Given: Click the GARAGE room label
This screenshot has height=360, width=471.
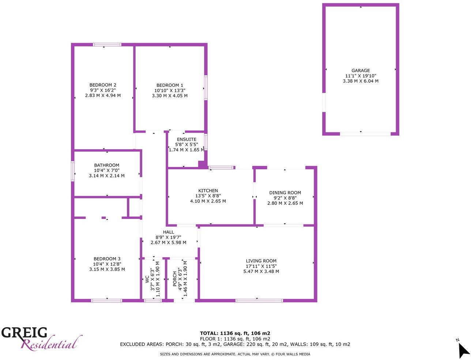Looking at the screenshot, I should tap(361, 71).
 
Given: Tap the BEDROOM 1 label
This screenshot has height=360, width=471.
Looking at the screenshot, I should tap(170, 85).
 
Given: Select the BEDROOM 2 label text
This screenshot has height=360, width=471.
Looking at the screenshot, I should tap(103, 85).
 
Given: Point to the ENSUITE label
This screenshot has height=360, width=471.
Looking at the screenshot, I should tap(186, 139).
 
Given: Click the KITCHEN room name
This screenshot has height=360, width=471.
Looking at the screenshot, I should tap(208, 190).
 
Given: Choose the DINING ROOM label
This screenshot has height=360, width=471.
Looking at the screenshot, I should tap(285, 193).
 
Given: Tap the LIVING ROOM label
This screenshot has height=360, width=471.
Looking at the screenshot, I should tap(261, 261).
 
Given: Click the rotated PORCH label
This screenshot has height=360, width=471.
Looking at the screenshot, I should tap(175, 278).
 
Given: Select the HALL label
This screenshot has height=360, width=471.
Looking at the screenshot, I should tap(169, 232).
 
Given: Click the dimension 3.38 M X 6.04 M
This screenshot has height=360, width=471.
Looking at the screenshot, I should tap(361, 81).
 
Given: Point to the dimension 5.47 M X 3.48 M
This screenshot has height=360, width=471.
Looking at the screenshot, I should tap(261, 271).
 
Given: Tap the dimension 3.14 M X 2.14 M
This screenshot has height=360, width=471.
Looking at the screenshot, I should tap(107, 175).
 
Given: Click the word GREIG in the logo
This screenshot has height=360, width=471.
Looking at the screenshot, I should tap(25, 333).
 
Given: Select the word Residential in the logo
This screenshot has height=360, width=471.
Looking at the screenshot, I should tap(50, 344).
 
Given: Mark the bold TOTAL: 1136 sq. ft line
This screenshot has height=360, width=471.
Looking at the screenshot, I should tap(235, 333).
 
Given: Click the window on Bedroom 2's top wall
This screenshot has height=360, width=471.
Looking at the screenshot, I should tap(107, 45).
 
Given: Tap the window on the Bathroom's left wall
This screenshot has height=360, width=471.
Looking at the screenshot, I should tap(73, 171).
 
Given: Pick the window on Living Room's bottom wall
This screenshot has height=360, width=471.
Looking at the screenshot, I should tap(259, 300).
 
